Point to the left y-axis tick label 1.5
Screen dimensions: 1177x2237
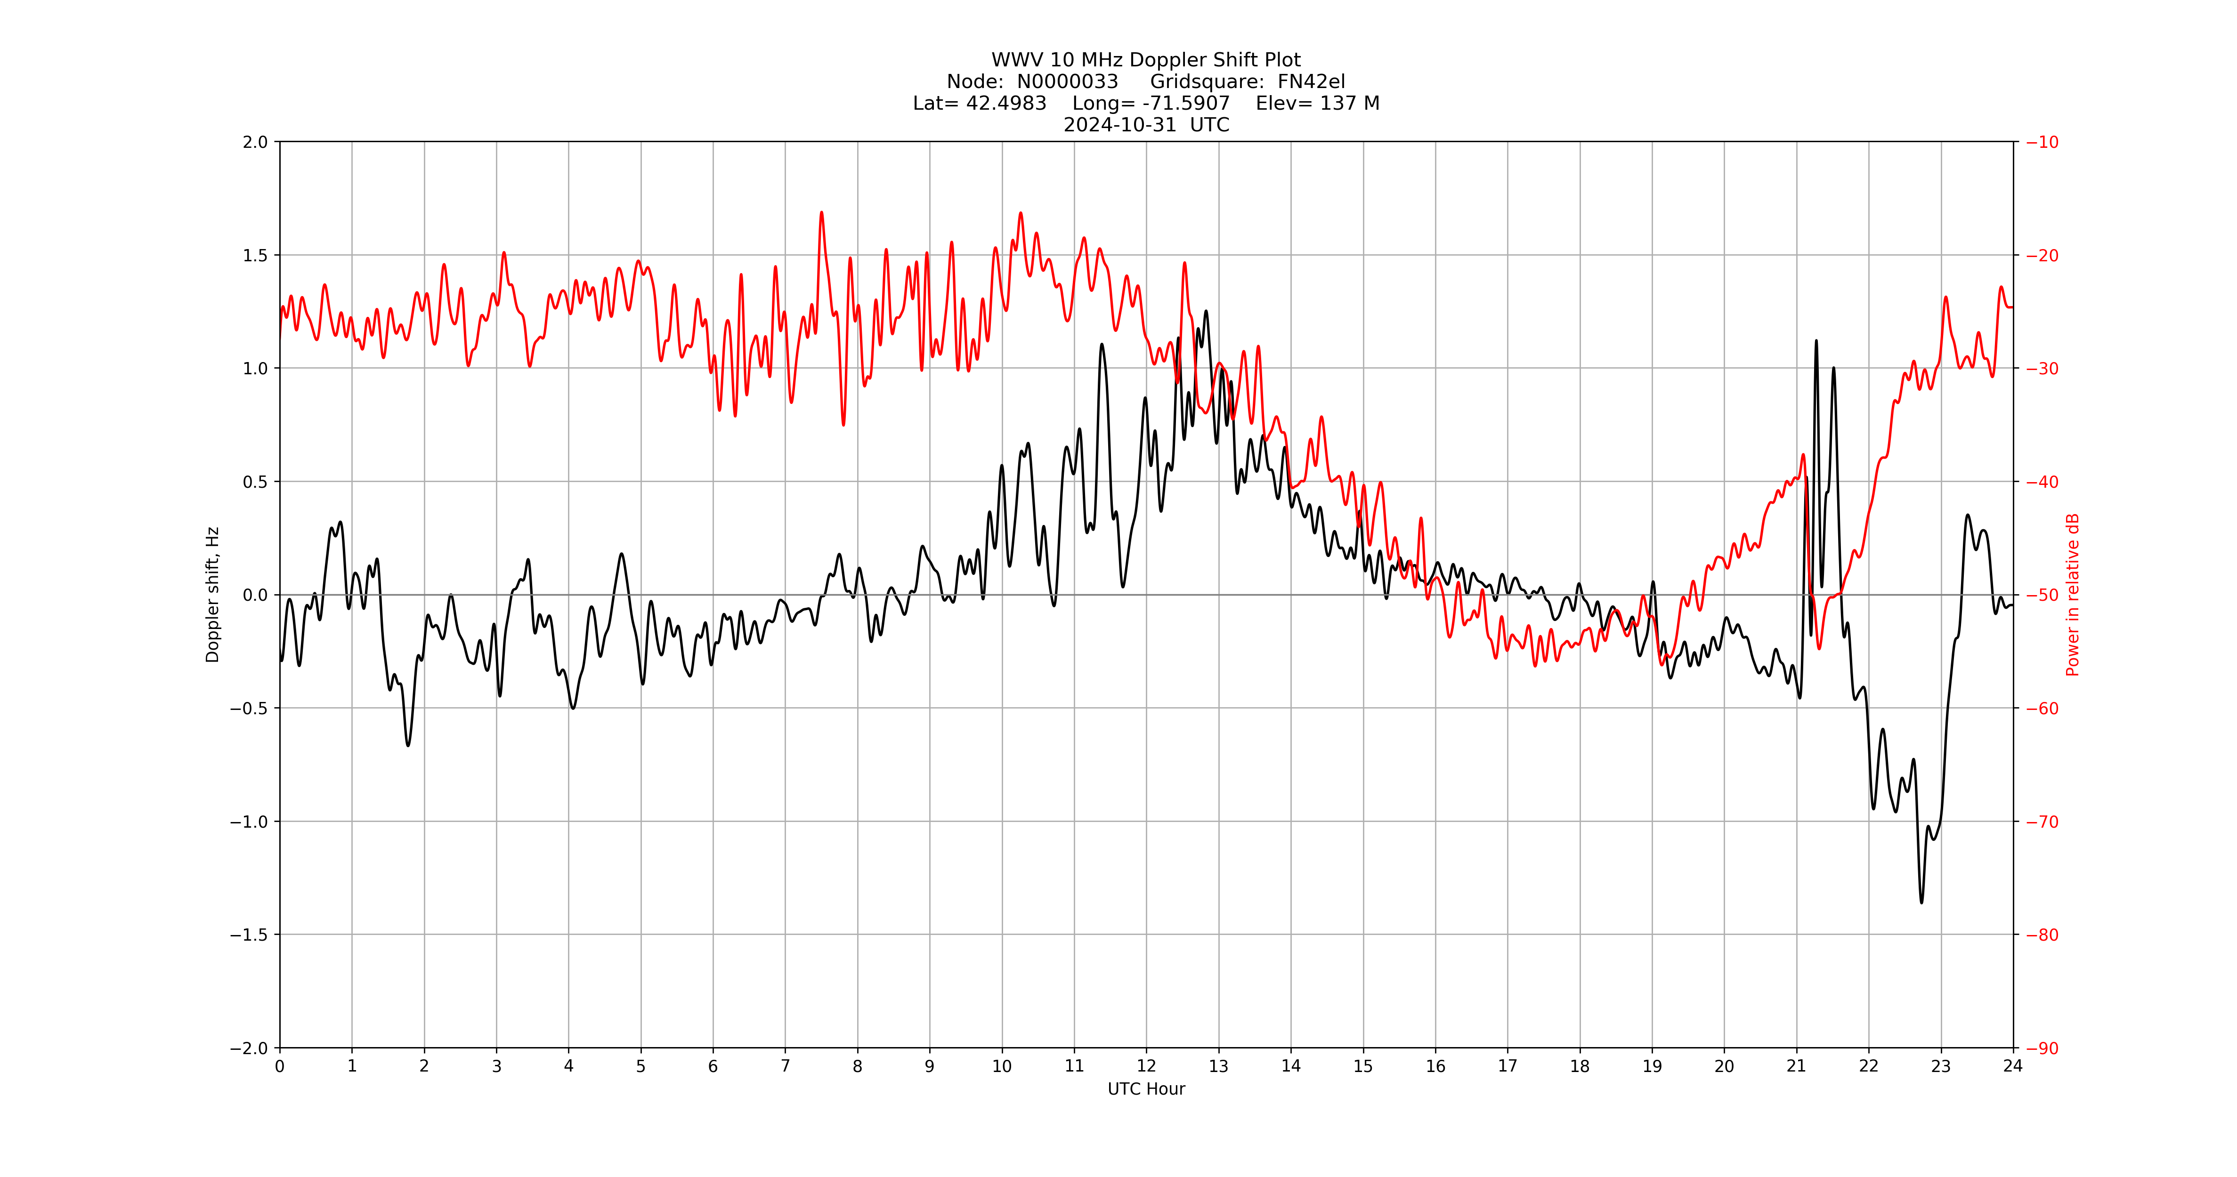(255, 255)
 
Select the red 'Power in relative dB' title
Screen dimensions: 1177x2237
(2073, 595)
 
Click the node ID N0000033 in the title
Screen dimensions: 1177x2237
(1067, 81)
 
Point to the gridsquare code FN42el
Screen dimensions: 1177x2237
(1311, 81)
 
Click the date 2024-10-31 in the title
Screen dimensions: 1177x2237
(1119, 125)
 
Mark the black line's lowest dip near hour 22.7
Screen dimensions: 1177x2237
(1921, 902)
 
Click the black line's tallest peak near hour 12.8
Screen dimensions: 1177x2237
(1205, 312)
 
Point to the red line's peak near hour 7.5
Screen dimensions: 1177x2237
(821, 213)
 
